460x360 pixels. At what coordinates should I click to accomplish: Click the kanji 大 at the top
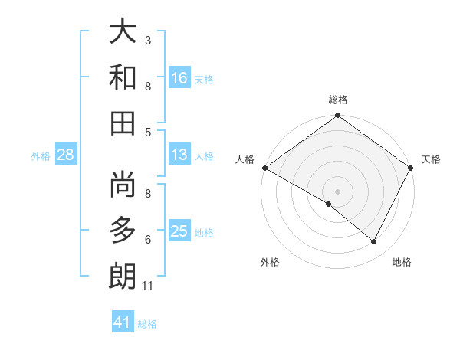(123, 32)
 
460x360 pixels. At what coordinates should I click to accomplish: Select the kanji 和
(123, 77)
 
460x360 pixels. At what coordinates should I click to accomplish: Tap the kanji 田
(123, 122)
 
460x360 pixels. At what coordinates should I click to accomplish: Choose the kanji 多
(123, 231)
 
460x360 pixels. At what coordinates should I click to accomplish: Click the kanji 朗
(123, 275)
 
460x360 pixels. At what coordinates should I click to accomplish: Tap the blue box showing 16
(179, 77)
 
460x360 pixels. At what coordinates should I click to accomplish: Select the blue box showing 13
(179, 155)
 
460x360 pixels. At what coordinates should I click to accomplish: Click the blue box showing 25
(179, 231)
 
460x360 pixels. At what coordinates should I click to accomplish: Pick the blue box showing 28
(66, 155)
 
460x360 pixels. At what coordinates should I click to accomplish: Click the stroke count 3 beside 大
(148, 40)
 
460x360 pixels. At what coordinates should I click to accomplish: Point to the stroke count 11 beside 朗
(148, 286)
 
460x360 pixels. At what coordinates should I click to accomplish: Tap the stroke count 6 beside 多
(148, 240)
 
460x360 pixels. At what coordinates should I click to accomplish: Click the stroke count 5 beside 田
(148, 132)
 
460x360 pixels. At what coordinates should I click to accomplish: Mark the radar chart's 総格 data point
(337, 116)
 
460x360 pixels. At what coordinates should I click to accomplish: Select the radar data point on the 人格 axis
(264, 168)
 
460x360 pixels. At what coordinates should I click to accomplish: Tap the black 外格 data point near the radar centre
(329, 204)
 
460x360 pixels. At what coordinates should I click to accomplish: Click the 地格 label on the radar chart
(402, 262)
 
